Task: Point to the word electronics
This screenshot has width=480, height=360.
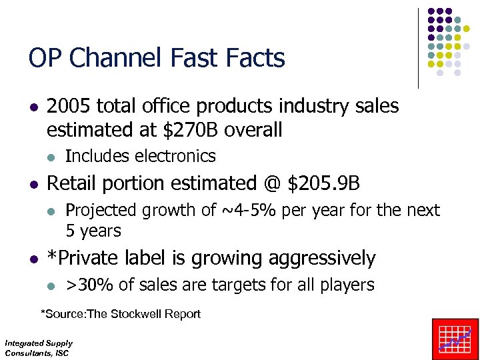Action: [175, 156]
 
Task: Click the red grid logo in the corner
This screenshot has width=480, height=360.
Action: [455, 339]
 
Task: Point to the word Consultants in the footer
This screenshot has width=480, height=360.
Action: [25, 353]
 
